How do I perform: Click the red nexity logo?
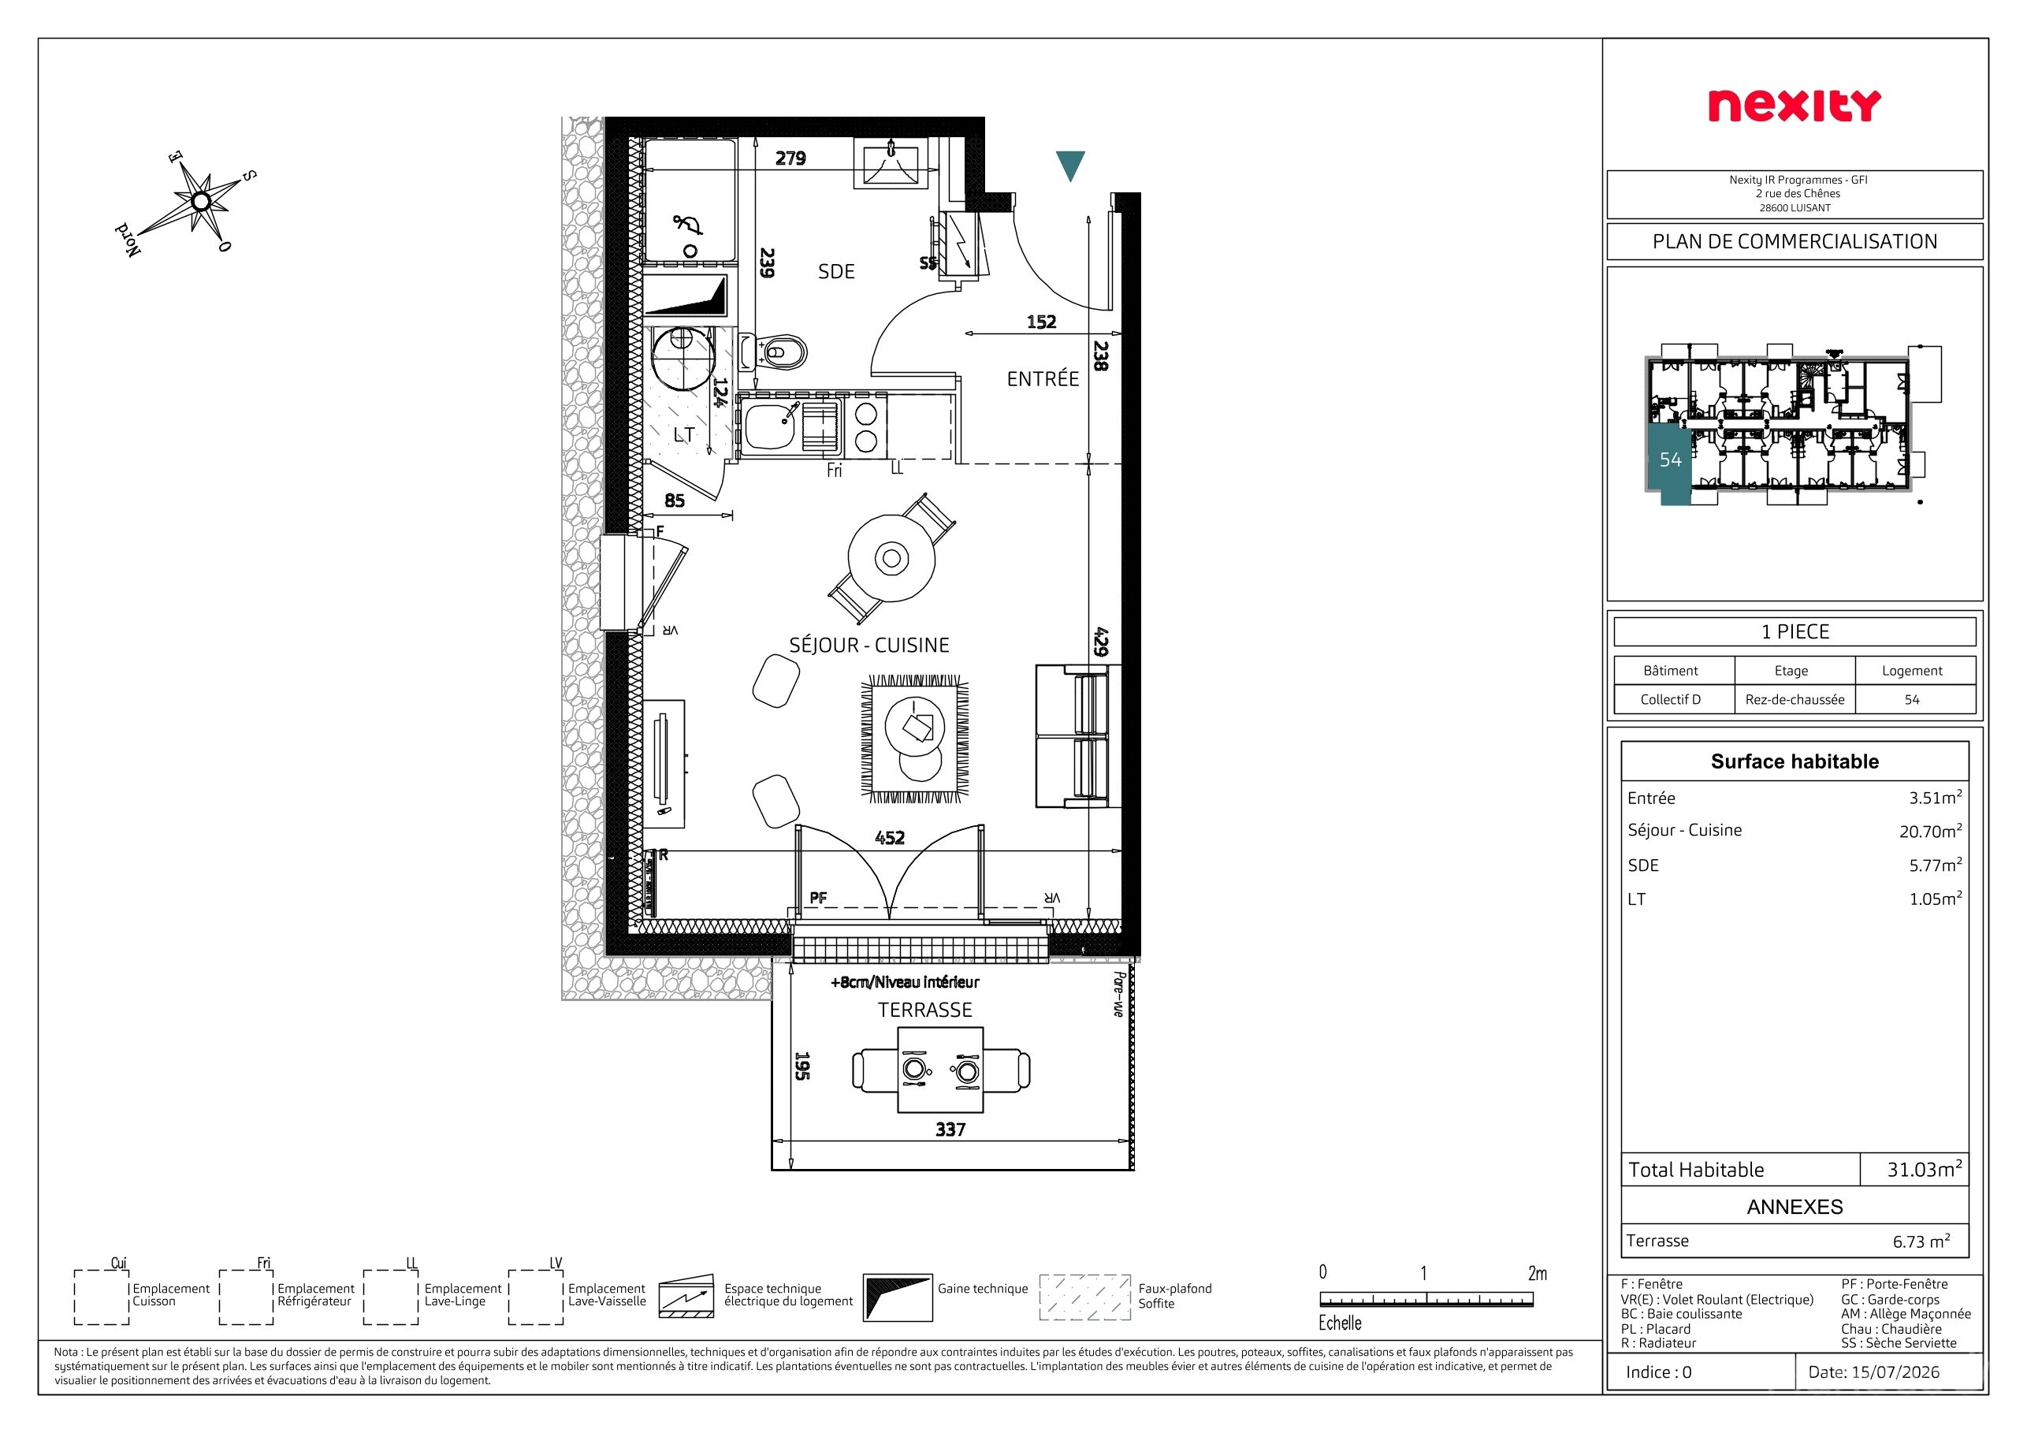[1794, 106]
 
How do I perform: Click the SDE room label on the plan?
[836, 272]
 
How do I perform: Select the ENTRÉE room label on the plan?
[1043, 379]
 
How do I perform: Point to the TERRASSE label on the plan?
[924, 1010]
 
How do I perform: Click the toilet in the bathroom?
[774, 353]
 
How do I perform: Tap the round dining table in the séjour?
[891, 558]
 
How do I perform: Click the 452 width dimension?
[890, 838]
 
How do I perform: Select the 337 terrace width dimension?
[950, 1130]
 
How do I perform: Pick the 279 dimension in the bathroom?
[790, 158]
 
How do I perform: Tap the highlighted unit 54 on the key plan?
[1669, 460]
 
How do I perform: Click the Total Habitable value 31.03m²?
[1925, 1169]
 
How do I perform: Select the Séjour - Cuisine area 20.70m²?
[1931, 831]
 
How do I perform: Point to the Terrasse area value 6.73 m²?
[1921, 1241]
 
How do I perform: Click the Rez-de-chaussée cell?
[1795, 699]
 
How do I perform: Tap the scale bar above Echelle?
[1426, 1300]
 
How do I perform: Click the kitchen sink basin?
[770, 427]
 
